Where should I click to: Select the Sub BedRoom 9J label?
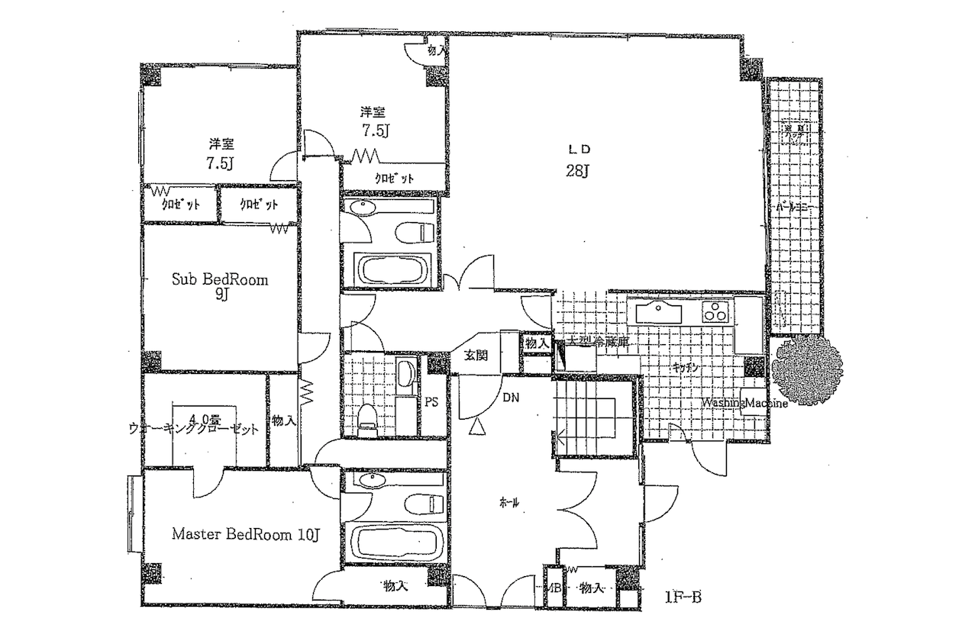point(219,285)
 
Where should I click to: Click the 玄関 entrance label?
point(475,355)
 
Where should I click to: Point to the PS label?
point(431,402)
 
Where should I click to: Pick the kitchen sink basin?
point(658,313)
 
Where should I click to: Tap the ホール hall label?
point(509,502)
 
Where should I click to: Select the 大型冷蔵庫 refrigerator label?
point(599,343)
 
